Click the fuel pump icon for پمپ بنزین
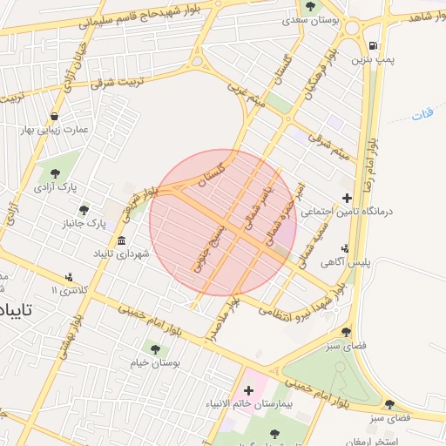(374, 45)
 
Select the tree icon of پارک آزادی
(56, 172)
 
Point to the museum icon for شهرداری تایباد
(120, 240)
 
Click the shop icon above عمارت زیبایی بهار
(55, 116)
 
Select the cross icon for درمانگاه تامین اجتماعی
(348, 198)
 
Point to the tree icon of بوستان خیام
(155, 349)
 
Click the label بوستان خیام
(155, 363)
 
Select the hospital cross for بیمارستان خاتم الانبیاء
(248, 390)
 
